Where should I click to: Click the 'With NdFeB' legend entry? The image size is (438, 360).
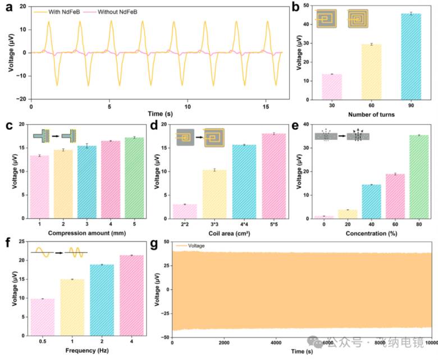pos(57,12)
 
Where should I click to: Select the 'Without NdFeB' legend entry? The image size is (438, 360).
pos(110,12)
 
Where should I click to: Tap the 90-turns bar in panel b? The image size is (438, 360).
pos(411,57)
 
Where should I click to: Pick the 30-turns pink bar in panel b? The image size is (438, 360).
pos(332,87)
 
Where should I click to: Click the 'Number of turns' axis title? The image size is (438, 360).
pos(371,115)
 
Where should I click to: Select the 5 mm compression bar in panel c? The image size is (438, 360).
pos(134,178)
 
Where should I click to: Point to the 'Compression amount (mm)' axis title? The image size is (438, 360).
pos(87,233)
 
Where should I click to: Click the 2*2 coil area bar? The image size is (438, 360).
pos(185,211)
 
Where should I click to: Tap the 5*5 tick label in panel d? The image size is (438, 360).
pos(274,224)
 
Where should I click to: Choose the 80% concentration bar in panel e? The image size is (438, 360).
pos(419,177)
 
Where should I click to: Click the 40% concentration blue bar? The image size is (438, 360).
pos(372,202)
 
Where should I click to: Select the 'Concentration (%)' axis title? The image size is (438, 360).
pos(371,233)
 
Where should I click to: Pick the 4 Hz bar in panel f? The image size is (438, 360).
pos(131,295)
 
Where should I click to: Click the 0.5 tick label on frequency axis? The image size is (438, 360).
pos(43,341)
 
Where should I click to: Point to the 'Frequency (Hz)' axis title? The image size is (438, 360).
pos(87,350)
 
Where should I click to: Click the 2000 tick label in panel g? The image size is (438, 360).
pos(224,343)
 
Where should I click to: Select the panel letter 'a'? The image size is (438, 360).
pos(9,7)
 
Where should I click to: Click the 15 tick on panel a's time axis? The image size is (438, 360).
pos(266,106)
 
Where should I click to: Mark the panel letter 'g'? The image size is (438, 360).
pos(154,244)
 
